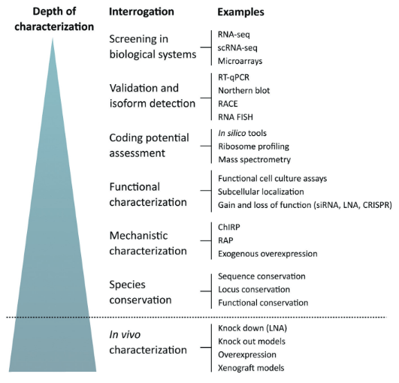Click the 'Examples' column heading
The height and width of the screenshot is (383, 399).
click(240, 12)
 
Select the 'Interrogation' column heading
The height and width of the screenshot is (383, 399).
click(141, 12)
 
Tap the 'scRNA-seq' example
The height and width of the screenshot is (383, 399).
click(237, 48)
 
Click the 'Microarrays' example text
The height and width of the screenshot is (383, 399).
click(240, 61)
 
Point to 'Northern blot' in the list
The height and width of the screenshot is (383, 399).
click(243, 91)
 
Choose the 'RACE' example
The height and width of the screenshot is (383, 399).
click(228, 104)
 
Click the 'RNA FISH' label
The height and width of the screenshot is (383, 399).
click(235, 117)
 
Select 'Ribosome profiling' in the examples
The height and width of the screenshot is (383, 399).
click(254, 146)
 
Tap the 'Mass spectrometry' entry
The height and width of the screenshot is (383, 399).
click(255, 160)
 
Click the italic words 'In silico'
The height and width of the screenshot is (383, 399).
click(232, 133)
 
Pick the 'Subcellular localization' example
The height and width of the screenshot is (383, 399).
click(261, 191)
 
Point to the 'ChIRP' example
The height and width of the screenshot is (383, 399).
click(228, 227)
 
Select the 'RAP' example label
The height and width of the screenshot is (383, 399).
click(225, 240)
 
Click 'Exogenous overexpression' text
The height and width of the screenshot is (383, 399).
click(268, 254)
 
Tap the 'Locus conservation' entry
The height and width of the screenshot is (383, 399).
click(254, 289)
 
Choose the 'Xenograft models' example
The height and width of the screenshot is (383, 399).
click(251, 368)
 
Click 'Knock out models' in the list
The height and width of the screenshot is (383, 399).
click(252, 341)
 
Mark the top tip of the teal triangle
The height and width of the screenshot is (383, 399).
click(53, 38)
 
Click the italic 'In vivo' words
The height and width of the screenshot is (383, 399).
click(125, 335)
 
